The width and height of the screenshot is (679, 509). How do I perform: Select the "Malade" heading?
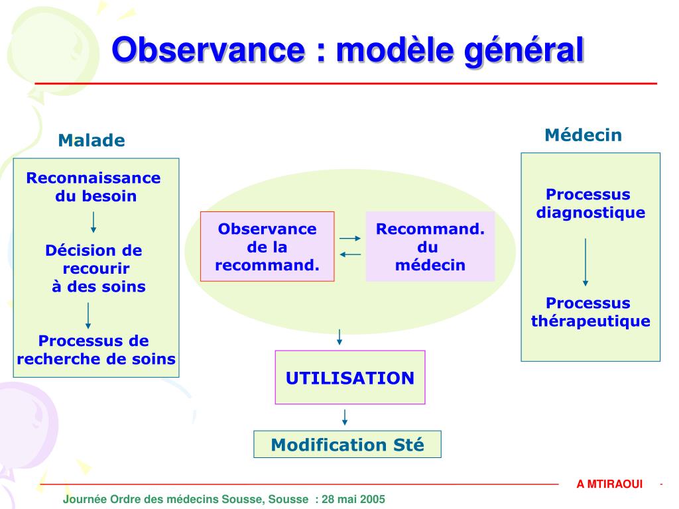point(92,141)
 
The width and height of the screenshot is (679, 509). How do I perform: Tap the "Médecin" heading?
point(584,135)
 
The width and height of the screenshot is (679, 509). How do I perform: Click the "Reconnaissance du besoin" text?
point(94,187)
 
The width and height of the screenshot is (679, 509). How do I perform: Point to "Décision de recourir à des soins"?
point(95,268)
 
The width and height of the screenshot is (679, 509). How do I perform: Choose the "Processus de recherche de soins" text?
point(95,350)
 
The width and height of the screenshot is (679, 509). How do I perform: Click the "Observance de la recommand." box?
point(267,247)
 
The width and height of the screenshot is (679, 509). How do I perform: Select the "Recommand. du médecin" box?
point(430,247)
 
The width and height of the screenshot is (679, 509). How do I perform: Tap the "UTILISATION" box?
point(350,378)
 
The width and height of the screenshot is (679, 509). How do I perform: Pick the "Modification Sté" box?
point(347,444)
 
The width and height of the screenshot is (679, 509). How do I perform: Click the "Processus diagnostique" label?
point(590,203)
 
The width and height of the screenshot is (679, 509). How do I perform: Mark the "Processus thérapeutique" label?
point(590,312)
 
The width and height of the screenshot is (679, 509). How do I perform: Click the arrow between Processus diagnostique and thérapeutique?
point(586,262)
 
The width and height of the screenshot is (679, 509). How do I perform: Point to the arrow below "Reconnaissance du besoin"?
point(93,222)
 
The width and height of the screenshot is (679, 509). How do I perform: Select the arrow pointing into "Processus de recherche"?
point(88,316)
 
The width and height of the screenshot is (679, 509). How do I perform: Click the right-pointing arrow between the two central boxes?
point(349,239)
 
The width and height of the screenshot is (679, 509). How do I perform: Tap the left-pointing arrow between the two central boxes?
point(349,254)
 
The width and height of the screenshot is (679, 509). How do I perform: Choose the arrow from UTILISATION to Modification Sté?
point(344,417)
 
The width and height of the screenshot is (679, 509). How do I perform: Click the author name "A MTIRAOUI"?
point(609,484)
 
